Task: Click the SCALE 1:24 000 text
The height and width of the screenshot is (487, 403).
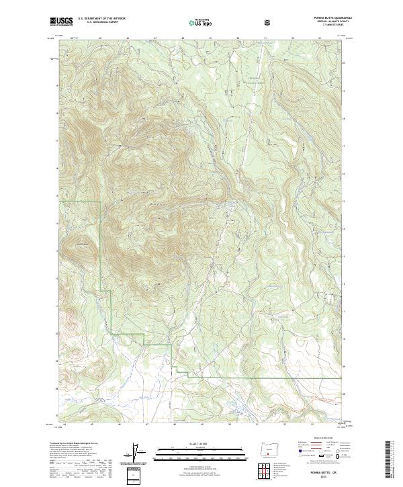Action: [201, 443]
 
